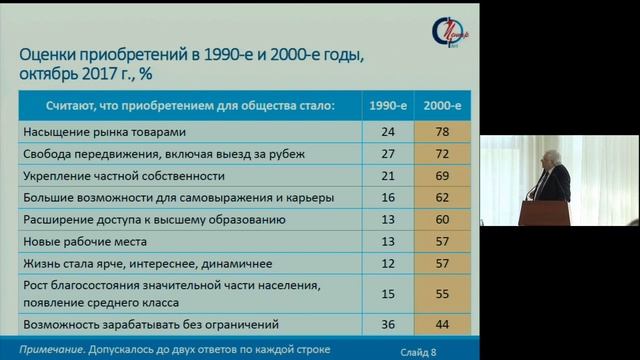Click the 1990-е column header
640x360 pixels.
pos(388,103)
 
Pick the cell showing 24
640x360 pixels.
pos(388,131)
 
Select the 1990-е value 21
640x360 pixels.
pos(388,175)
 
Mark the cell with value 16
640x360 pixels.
pos(388,197)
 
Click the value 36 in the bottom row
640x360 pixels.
pos(388,325)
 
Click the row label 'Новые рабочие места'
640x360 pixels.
pos(84,241)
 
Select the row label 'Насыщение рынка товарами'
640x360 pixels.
pos(104,131)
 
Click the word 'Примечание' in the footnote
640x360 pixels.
pos(53,349)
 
